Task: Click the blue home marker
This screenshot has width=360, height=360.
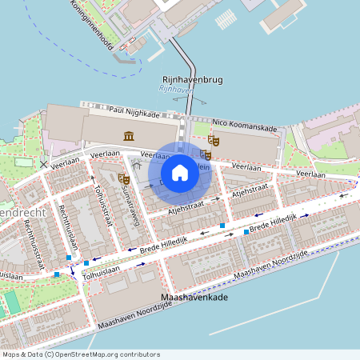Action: tap(180, 172)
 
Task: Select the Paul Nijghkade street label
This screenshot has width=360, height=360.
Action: tap(134, 112)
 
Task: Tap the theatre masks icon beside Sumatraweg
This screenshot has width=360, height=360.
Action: tap(123, 178)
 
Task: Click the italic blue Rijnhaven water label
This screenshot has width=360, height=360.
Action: tap(177, 90)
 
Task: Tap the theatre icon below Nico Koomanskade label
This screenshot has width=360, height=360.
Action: tap(213, 140)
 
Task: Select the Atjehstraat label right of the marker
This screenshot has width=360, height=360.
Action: tap(250, 190)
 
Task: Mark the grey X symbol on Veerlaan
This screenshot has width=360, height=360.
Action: tap(43, 164)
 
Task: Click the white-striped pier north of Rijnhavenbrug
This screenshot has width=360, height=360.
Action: tap(226, 18)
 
